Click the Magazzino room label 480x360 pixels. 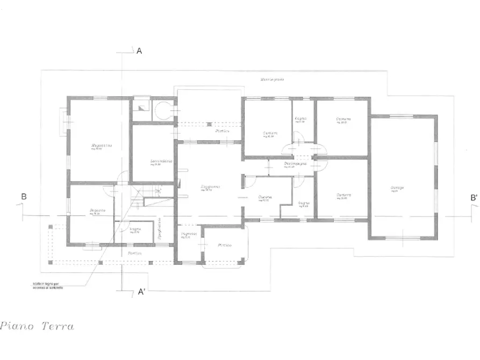[x=101, y=146]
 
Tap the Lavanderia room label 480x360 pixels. [x=161, y=161]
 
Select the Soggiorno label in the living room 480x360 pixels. [x=211, y=187]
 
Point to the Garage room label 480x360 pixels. [x=398, y=188]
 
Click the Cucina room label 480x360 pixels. [x=264, y=197]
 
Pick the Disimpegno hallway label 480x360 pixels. [x=296, y=163]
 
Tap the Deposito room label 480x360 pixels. [x=97, y=210]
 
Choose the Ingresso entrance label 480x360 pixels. [x=189, y=234]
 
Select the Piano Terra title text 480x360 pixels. [x=38, y=326]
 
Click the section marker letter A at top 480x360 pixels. [x=139, y=51]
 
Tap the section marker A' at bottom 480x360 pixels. [x=142, y=292]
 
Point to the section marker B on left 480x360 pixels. [x=24, y=197]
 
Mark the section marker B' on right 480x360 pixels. [x=474, y=198]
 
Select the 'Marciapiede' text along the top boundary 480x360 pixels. [x=273, y=80]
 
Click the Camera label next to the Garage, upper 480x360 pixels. [x=343, y=119]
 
